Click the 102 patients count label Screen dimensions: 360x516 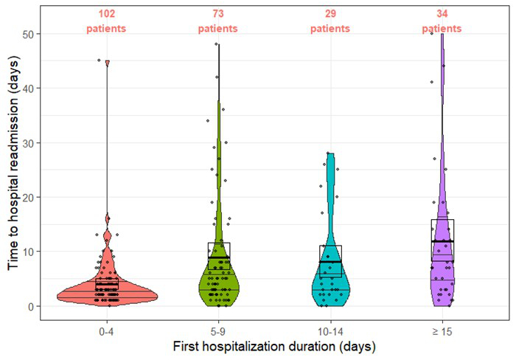point(106,21)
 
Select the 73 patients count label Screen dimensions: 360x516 point(218,21)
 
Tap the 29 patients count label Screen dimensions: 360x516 point(330,21)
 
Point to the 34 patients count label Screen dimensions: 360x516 point(442,21)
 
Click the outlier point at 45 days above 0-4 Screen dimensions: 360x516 point(99,60)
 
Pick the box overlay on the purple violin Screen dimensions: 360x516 point(442,240)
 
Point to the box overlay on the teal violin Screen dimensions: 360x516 point(330,260)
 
